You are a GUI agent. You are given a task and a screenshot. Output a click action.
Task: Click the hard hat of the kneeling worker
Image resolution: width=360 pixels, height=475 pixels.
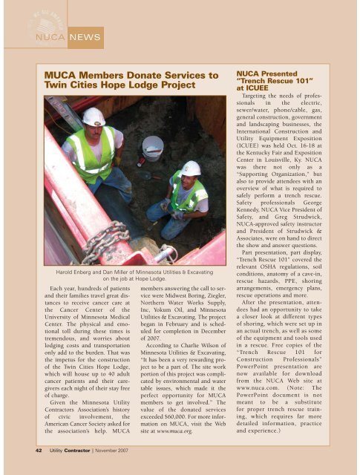pyautogui.click(x=191, y=168)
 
